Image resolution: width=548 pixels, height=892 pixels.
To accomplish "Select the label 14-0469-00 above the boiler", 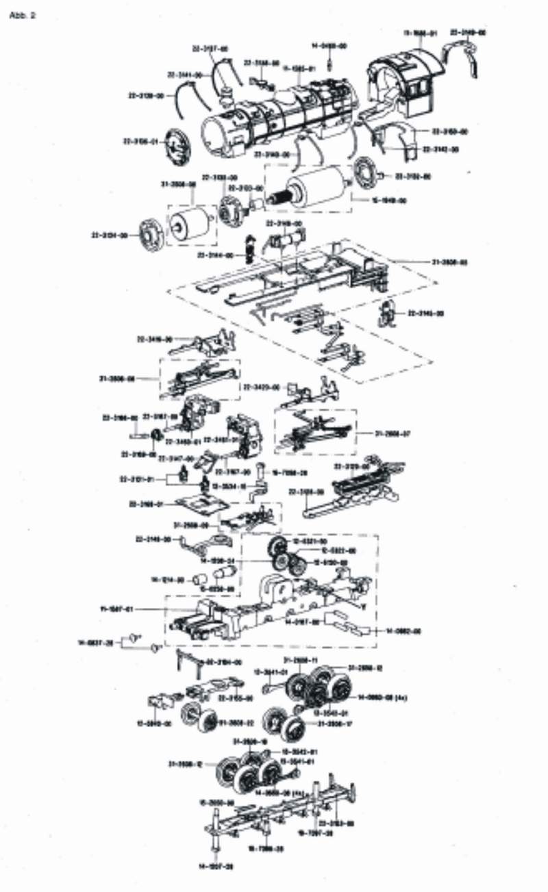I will (x=329, y=46).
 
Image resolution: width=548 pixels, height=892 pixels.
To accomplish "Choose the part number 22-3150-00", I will (x=449, y=131).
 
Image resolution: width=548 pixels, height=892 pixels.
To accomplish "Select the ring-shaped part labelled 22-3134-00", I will (x=148, y=235).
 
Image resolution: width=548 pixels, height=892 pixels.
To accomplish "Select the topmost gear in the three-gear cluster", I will (x=277, y=546).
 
